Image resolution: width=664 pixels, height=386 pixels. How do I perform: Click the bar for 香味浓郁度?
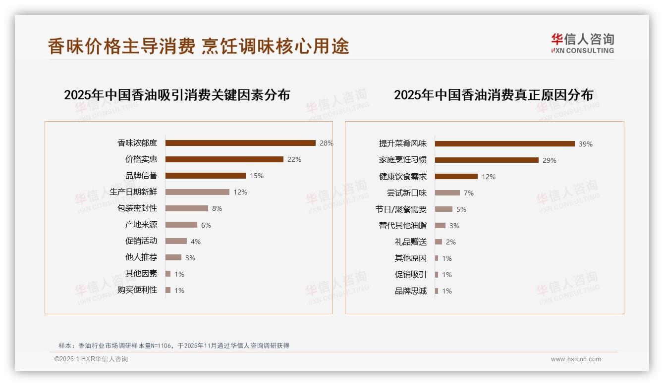[240, 143]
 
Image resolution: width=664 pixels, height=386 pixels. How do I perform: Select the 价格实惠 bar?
[224, 159]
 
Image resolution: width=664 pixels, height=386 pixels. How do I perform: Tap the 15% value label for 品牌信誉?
[257, 176]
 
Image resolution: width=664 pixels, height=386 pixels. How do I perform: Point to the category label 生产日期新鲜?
[133, 192]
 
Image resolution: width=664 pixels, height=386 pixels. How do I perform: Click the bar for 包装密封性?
[187, 208]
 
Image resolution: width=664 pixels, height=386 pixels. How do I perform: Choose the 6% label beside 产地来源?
[206, 225]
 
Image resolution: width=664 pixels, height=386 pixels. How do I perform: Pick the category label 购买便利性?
[137, 290]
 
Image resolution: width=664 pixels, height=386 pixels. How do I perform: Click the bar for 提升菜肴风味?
[504, 144]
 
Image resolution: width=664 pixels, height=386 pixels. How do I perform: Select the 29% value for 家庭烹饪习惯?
[550, 160]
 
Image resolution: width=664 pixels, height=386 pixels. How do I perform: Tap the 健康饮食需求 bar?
[456, 177]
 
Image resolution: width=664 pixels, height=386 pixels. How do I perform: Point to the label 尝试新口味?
[407, 193]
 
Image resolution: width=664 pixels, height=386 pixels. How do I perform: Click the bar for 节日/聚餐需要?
[443, 209]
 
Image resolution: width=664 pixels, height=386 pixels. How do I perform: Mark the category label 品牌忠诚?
[411, 291]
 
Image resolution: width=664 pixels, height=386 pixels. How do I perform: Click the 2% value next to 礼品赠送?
[451, 242]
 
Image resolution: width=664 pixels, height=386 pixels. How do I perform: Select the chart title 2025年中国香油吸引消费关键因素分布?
[177, 95]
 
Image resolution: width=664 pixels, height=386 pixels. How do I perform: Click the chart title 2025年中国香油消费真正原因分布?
[494, 95]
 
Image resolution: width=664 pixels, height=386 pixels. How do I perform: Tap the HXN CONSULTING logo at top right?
[582, 44]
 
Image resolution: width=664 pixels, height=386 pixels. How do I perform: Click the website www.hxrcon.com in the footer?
[576, 359]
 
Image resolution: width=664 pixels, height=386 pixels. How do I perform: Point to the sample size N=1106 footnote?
[173, 346]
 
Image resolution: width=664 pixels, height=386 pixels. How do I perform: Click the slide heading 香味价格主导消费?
[121, 47]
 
